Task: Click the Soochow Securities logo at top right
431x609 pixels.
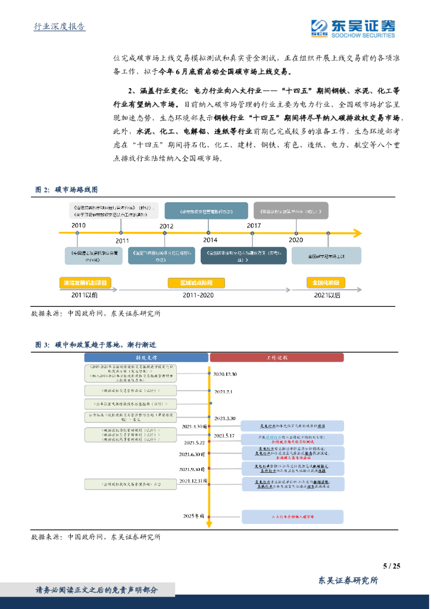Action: click(353, 27)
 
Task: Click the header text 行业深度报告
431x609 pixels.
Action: click(59, 27)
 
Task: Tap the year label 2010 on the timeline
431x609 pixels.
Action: click(78, 225)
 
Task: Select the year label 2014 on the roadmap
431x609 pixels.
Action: click(210, 240)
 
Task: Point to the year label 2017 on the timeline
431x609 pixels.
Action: click(254, 225)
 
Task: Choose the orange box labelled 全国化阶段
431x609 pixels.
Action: click(327, 282)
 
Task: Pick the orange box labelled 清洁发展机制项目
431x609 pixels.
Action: click(85, 282)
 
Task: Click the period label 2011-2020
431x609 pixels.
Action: click(198, 294)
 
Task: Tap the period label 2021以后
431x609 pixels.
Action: click(327, 294)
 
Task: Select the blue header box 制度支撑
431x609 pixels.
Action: click(146, 357)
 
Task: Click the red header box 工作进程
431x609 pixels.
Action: click(276, 357)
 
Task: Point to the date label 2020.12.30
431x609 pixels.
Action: click(226, 374)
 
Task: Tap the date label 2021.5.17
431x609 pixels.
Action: click(226, 436)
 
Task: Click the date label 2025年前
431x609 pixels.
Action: click(193, 516)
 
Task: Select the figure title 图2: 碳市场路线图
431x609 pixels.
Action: click(65, 190)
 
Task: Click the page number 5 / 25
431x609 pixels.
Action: click(391, 566)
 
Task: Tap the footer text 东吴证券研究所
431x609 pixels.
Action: click(348, 580)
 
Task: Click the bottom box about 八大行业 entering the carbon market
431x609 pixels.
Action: click(292, 517)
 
